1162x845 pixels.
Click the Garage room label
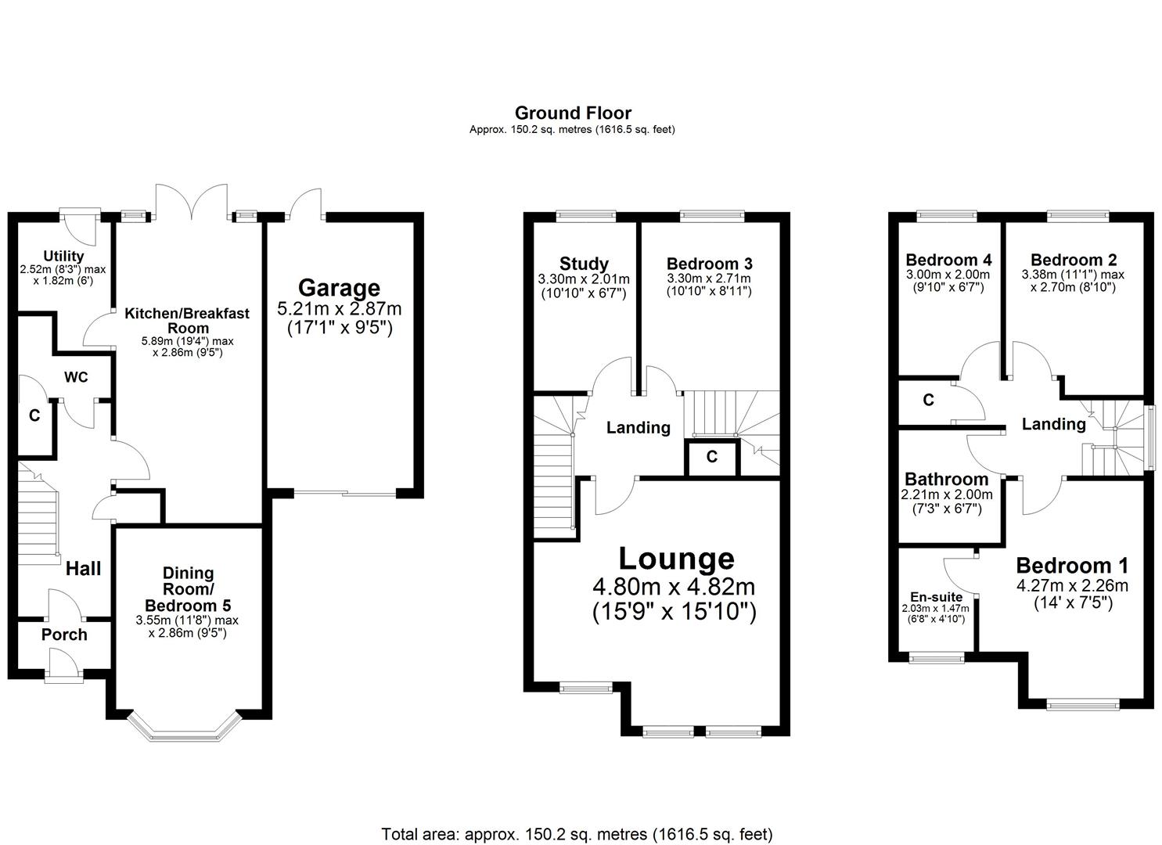(x=339, y=288)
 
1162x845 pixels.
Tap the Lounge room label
(x=676, y=559)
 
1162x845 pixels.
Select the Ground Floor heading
(x=573, y=113)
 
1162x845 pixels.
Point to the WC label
(x=76, y=377)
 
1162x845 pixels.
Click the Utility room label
(x=63, y=256)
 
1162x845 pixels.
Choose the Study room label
(x=584, y=264)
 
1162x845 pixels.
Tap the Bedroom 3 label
(x=709, y=264)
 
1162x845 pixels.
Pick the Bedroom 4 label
(x=948, y=260)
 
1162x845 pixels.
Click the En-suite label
(x=936, y=597)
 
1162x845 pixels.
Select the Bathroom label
(x=946, y=479)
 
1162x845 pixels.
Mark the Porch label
(x=64, y=635)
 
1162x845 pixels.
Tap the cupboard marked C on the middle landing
(x=711, y=457)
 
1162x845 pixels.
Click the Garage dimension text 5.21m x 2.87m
(x=339, y=309)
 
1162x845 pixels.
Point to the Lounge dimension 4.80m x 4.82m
(x=675, y=586)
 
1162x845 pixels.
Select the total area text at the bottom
(x=577, y=833)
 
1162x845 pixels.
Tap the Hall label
(x=83, y=568)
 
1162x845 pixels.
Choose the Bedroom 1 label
(x=1071, y=566)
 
